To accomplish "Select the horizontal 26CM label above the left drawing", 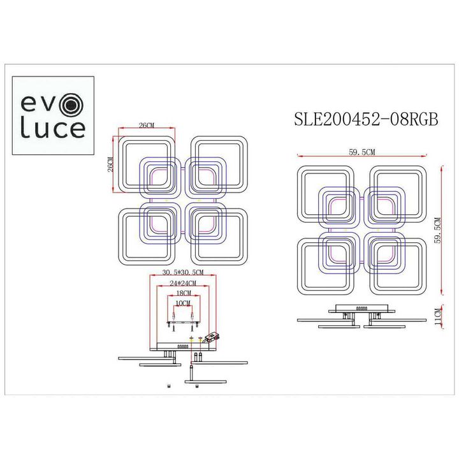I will tap(146, 126).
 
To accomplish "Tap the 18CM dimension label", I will tap(182, 293).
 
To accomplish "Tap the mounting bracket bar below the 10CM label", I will tap(183, 323).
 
